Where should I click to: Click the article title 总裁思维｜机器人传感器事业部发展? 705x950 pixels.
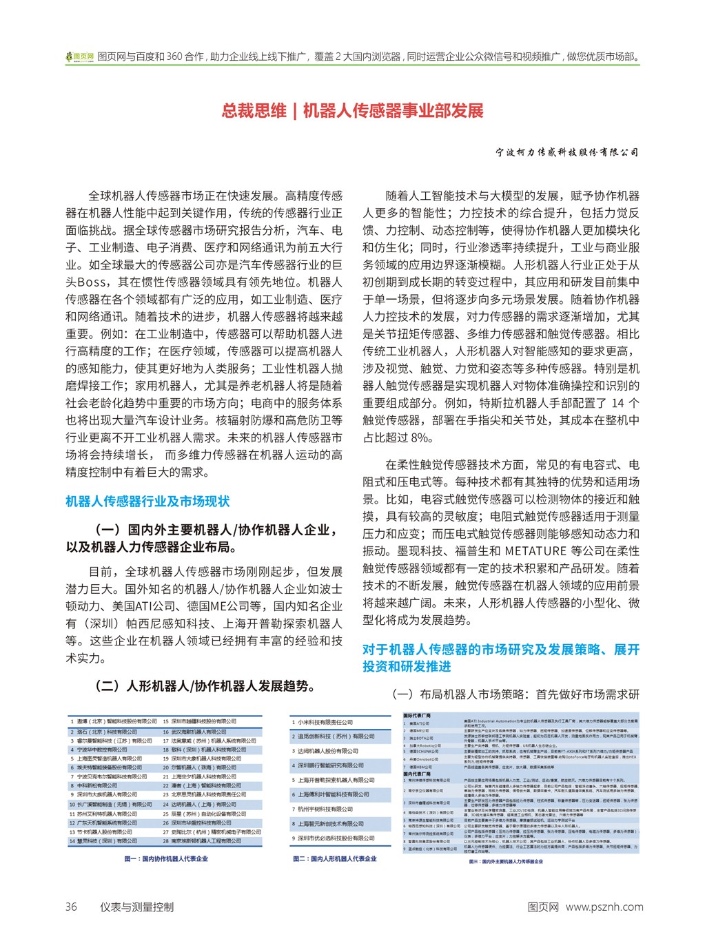352,111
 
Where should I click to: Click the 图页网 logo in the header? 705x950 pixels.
79,57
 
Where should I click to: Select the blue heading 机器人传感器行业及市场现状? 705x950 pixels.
147,502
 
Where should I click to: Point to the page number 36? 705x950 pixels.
71,907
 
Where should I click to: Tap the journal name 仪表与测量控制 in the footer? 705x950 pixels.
136,907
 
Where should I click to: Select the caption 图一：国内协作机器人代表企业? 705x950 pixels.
165,858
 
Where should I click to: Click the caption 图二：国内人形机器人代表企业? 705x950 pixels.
335,858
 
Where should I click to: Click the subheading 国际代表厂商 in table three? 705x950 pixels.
418,716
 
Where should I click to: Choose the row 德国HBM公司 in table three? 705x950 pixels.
424,767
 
